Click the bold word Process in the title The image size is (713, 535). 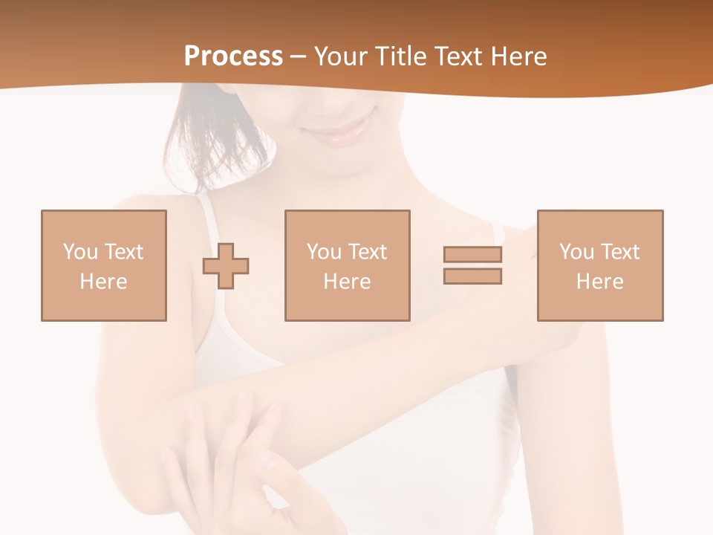(x=233, y=56)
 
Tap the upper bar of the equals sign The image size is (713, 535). (x=472, y=255)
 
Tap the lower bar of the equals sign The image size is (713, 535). (x=472, y=276)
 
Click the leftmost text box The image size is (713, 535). (x=104, y=265)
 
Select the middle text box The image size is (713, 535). (x=348, y=265)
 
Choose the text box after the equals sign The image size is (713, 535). (x=600, y=265)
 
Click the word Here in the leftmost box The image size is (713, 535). (x=104, y=282)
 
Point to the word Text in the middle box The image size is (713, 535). (x=367, y=252)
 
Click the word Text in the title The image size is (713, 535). (x=455, y=56)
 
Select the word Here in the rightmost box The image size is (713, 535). (x=600, y=282)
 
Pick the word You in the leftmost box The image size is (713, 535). (x=80, y=252)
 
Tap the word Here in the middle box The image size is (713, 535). (x=348, y=282)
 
